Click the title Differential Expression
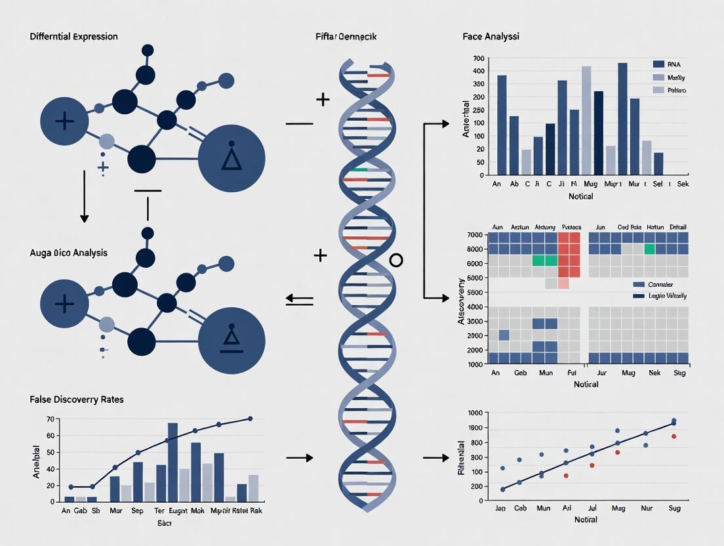(73, 36)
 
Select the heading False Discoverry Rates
(77, 399)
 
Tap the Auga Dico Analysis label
(68, 253)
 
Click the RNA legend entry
(674, 64)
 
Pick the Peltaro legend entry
(677, 90)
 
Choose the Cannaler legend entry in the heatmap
(664, 285)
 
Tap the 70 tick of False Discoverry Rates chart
(49, 419)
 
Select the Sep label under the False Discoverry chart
(137, 511)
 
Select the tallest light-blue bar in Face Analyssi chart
(586, 120)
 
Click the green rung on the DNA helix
(358, 170)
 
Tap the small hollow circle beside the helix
(396, 261)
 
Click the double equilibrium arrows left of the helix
(300, 300)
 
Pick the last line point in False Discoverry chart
(250, 419)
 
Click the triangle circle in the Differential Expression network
(231, 158)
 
